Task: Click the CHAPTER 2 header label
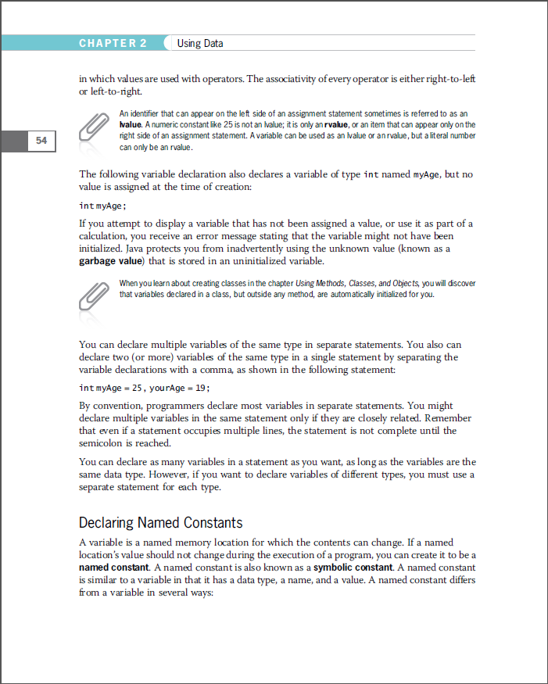[x=113, y=43]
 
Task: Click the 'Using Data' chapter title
[x=200, y=43]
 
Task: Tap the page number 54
[x=41, y=141]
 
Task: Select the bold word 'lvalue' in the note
[x=130, y=124]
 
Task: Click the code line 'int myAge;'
[x=102, y=206]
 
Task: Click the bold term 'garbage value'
[x=112, y=261]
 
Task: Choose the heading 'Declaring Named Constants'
[x=160, y=522]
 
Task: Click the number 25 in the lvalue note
[x=230, y=124]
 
